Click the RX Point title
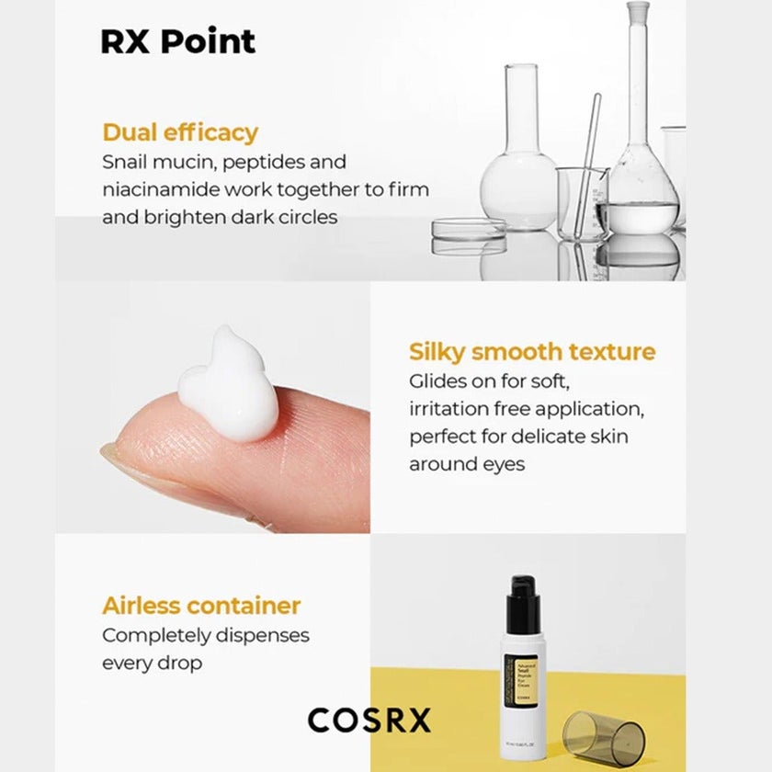[177, 42]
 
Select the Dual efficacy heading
[180, 132]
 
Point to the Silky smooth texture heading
[532, 352]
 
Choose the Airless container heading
[201, 606]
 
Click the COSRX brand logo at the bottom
[369, 720]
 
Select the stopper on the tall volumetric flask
[638, 12]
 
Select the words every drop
[152, 663]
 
